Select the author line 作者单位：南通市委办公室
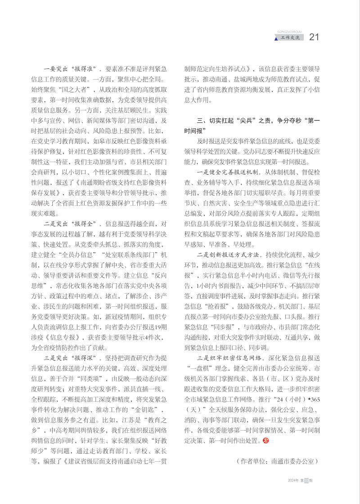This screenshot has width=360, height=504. [277, 462]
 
